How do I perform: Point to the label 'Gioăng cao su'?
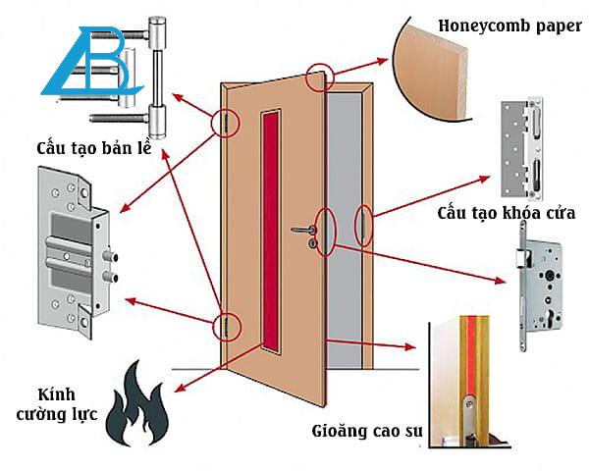[x=362, y=431]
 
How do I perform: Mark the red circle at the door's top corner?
[x=319, y=78]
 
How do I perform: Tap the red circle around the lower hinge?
[x=227, y=326]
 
